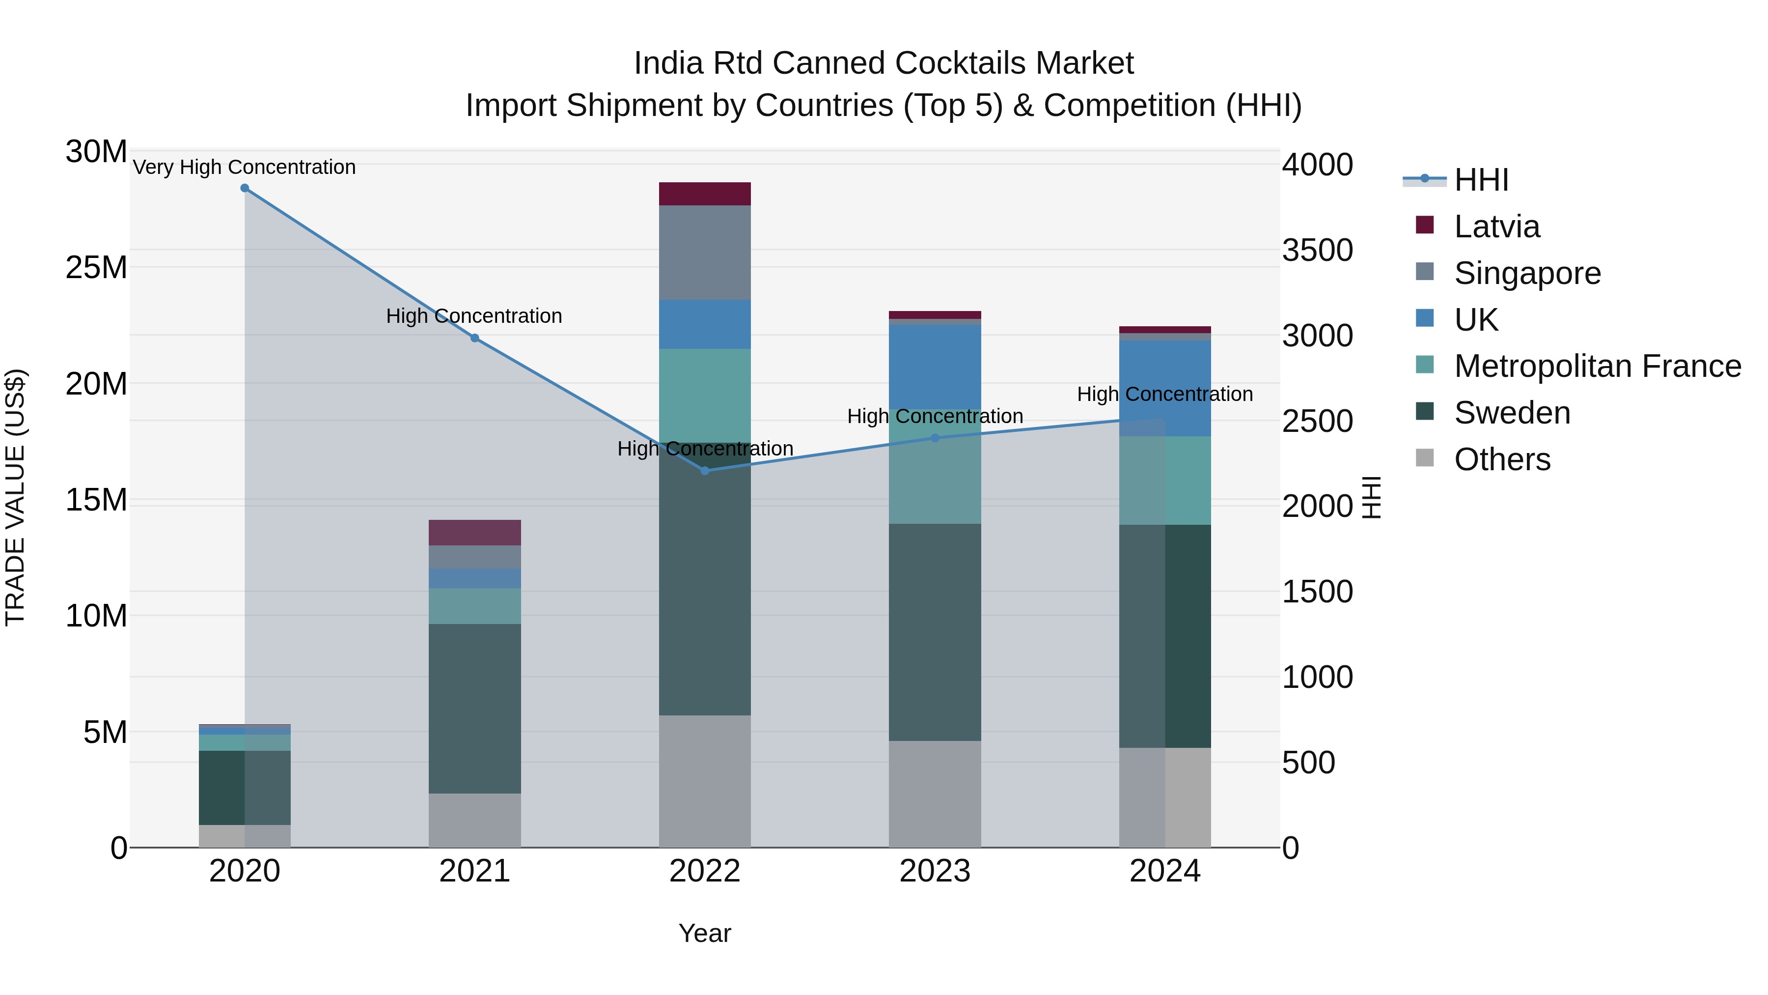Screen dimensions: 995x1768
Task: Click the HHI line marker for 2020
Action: click(245, 188)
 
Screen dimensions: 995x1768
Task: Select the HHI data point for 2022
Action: click(705, 470)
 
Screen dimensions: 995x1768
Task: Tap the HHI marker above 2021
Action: click(475, 338)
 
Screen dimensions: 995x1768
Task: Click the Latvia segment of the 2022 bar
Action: click(705, 194)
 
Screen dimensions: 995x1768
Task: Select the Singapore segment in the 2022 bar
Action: click(705, 253)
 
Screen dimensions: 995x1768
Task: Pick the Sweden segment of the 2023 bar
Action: click(935, 632)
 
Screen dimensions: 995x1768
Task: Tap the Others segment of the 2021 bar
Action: click(475, 820)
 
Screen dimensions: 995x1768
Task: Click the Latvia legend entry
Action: click(1496, 227)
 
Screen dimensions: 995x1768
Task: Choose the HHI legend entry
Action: click(1481, 180)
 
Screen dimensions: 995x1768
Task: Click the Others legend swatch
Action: click(1425, 458)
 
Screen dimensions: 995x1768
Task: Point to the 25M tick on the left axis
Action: click(96, 267)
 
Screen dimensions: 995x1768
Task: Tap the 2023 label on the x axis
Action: click(935, 871)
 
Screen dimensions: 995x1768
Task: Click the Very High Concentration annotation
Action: click(245, 167)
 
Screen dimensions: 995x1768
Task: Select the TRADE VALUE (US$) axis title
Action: click(15, 497)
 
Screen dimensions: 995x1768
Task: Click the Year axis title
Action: click(705, 933)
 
